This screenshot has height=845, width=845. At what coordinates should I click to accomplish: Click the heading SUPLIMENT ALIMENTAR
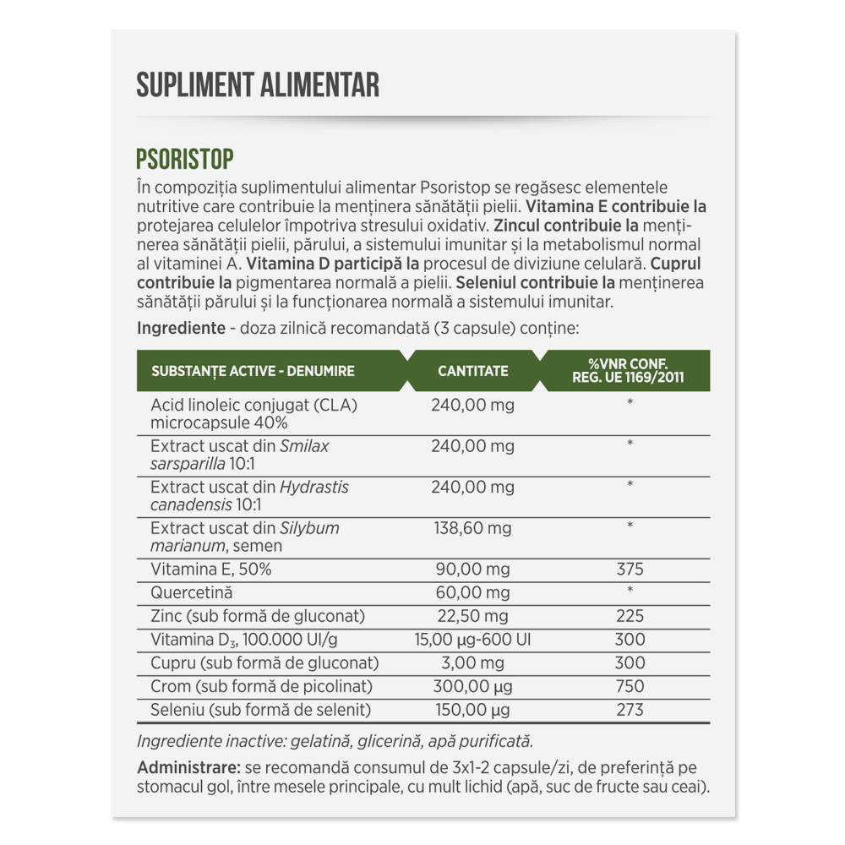258,84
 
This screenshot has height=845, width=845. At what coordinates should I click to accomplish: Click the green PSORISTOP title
184,160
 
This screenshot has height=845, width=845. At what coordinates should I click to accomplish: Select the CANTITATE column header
473,371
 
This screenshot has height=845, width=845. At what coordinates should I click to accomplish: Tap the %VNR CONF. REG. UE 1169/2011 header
628,371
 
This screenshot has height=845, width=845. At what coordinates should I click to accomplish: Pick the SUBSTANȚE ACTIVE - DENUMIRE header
253,371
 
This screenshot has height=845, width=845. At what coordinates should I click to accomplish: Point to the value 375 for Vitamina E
630,570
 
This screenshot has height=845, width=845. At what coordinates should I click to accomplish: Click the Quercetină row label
191,593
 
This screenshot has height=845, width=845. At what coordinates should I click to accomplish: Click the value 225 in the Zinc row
630,616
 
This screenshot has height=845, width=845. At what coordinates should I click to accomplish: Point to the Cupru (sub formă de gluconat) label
264,662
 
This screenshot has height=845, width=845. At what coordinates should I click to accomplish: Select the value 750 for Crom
630,686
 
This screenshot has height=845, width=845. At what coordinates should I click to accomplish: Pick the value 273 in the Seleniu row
630,710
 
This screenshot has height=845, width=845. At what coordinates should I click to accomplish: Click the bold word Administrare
186,768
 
